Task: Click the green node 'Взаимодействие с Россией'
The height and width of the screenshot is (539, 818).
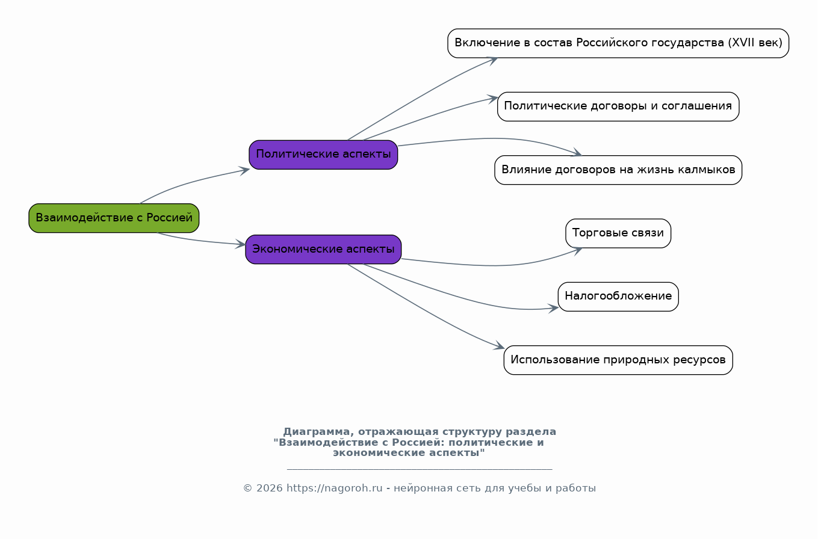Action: pyautogui.click(x=114, y=218)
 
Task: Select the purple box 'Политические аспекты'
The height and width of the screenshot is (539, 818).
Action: pyautogui.click(x=323, y=155)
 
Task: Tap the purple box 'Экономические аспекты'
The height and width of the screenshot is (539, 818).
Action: pyautogui.click(x=323, y=249)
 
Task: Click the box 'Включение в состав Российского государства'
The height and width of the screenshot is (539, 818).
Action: pyautogui.click(x=618, y=43)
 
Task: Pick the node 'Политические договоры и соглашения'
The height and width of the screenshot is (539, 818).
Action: pyautogui.click(x=618, y=106)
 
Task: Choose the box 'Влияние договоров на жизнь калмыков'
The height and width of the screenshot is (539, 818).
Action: pyautogui.click(x=618, y=170)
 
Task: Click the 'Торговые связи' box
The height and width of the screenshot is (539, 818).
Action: pyautogui.click(x=618, y=233)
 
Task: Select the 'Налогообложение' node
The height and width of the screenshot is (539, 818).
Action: pyautogui.click(x=618, y=297)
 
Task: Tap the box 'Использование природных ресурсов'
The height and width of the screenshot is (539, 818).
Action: pyautogui.click(x=618, y=360)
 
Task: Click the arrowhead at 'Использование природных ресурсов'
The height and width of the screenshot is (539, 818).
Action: pyautogui.click(x=500, y=346)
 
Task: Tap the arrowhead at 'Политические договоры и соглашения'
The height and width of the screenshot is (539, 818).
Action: pyautogui.click(x=494, y=97)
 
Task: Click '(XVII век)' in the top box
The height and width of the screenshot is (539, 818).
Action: pyautogui.click(x=755, y=43)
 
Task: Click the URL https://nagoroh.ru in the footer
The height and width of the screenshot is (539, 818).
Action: pyautogui.click(x=334, y=488)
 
